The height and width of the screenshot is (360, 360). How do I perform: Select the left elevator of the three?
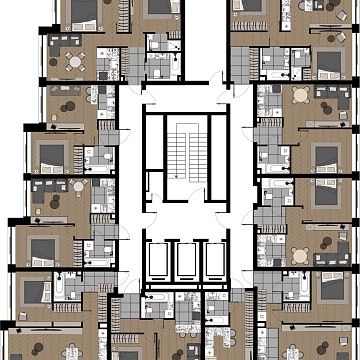pos(158,263)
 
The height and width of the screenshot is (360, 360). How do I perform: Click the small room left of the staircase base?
pos(151,184)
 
